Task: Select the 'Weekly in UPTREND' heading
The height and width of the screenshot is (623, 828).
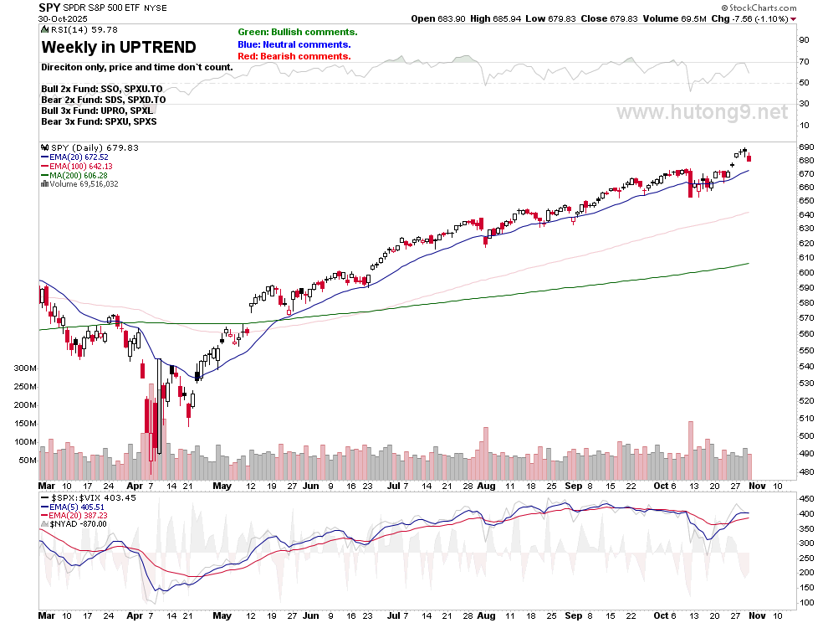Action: [119, 47]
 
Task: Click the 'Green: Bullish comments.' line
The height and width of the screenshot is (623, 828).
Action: [297, 32]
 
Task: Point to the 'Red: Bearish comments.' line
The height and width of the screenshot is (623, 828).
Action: [294, 56]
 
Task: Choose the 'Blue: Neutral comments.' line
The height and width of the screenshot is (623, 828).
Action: [294, 44]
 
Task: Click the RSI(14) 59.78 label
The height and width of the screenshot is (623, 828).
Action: [73, 30]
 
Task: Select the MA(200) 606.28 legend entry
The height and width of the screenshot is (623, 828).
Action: [79, 174]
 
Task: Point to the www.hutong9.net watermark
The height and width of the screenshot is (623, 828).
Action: [703, 112]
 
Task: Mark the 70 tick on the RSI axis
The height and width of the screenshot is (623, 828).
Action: [803, 62]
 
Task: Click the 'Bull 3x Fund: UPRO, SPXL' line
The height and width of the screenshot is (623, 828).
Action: [97, 111]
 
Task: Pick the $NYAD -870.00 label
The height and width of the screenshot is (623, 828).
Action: [79, 523]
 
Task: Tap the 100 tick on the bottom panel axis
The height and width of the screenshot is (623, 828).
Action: [806, 603]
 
